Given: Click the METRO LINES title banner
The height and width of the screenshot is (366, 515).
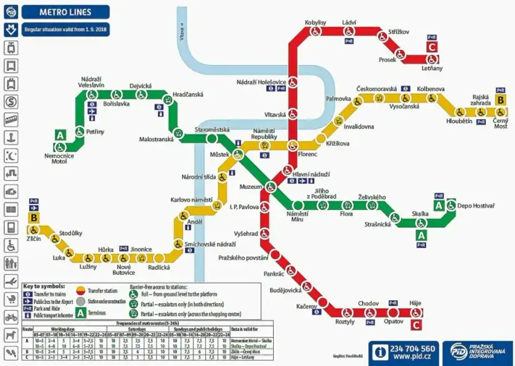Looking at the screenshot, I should coord(65,11).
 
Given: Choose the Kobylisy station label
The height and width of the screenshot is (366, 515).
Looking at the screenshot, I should coord(315,22).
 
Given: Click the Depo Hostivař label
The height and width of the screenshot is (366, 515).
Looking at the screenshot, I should coord(476,205).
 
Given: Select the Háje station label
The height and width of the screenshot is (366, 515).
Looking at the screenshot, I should coord(415,303).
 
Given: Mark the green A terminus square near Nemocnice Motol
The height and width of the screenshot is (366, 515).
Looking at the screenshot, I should coord(60,134).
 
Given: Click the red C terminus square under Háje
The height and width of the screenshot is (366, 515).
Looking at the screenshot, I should coord(416,324).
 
